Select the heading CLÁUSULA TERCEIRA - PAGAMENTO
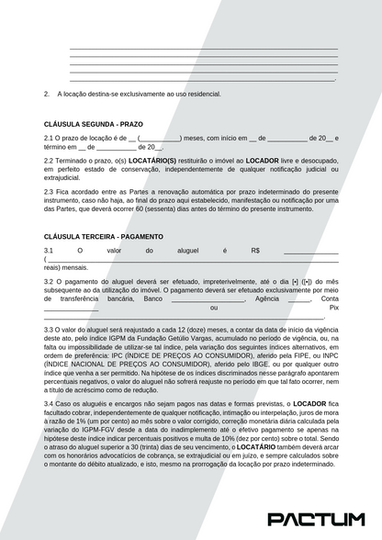coord(104,236)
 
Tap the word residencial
coord(201,93)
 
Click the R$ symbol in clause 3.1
coord(254,251)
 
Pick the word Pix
coord(334,307)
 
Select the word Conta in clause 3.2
coord(330,298)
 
